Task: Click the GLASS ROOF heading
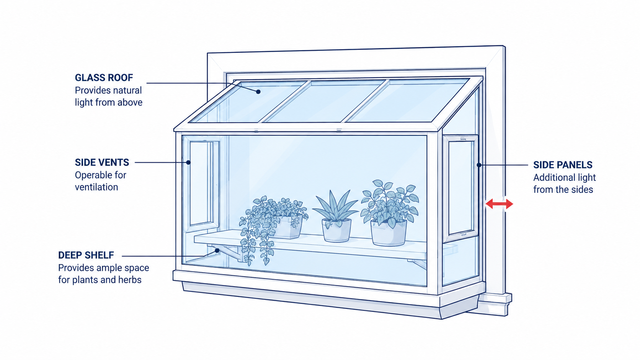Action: tap(104, 78)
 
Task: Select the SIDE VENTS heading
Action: tap(102, 163)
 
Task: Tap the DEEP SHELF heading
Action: tap(86, 255)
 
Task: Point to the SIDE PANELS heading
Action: tap(563, 165)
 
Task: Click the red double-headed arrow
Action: tap(499, 204)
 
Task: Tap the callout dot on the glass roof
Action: tap(258, 92)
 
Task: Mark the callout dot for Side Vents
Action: tap(188, 163)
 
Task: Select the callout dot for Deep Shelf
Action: tap(217, 251)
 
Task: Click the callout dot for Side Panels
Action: tap(479, 165)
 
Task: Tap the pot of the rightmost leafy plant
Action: tap(389, 233)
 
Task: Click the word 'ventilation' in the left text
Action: tap(96, 187)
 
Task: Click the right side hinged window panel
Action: tap(460, 189)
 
